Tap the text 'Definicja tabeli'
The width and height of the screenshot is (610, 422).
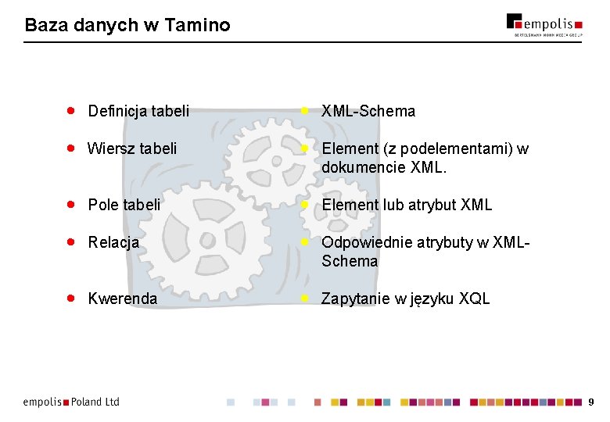click(138, 112)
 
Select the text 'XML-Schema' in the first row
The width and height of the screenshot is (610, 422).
click(368, 112)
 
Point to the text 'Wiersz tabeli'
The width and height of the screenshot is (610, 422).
click(132, 148)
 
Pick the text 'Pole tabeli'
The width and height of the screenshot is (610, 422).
click(124, 206)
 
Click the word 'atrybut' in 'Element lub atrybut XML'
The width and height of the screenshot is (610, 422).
click(434, 206)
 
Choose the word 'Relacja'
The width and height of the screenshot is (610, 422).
click(113, 242)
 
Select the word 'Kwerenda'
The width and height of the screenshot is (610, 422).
click(123, 299)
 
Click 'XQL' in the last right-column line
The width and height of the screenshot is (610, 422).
click(474, 299)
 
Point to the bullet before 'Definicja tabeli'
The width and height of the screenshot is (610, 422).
click(70, 111)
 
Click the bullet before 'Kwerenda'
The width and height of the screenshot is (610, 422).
click(70, 299)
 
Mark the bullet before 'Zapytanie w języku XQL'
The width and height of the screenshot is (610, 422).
click(305, 299)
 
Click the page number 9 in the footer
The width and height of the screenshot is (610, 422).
click(591, 402)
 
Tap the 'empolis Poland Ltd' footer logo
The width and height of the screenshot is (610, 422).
click(71, 402)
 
